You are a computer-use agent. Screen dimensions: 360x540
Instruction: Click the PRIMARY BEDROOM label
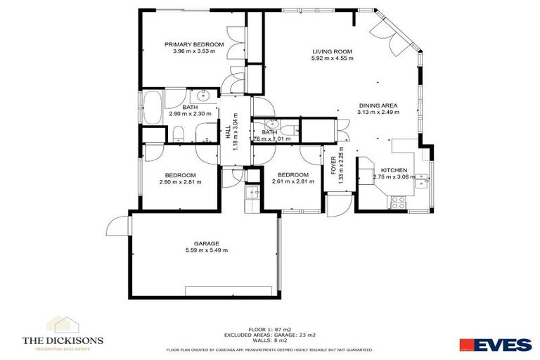194,44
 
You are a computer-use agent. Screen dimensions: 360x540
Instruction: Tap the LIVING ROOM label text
332,52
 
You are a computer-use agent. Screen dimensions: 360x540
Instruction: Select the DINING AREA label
378,105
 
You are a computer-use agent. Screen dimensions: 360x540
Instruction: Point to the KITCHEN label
393,170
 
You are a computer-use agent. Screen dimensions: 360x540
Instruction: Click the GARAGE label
202,243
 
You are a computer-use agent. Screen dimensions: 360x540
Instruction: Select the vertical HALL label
227,132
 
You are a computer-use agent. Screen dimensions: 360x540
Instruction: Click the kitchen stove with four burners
397,202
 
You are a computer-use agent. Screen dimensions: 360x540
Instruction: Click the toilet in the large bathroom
179,133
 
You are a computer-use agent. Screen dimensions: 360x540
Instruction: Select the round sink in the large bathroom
205,96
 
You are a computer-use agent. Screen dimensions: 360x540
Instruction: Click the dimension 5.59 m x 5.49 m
202,251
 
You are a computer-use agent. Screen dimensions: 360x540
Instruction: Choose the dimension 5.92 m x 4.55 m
332,59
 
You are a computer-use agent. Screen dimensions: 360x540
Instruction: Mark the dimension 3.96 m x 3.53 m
194,51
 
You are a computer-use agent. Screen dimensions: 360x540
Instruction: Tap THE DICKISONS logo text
63,340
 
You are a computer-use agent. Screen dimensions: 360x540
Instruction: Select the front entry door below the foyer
338,205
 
